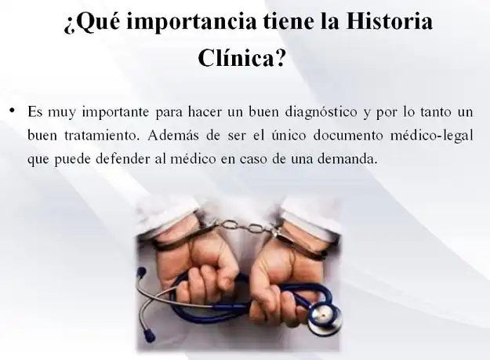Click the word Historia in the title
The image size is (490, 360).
pyautogui.click(x=389, y=22)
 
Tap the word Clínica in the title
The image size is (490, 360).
pyautogui.click(x=236, y=57)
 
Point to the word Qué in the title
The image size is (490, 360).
pyautogui.click(x=93, y=23)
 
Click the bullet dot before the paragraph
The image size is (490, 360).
pyautogui.click(x=13, y=111)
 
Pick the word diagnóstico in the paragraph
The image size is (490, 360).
pyautogui.click(x=321, y=112)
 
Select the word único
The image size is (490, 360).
pyautogui.click(x=289, y=135)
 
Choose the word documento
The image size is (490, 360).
pyautogui.click(x=348, y=135)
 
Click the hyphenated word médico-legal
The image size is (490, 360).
pyautogui.click(x=432, y=136)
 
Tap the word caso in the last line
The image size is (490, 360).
pyautogui.click(x=252, y=159)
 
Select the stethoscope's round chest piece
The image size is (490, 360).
pyautogui.click(x=324, y=318)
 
